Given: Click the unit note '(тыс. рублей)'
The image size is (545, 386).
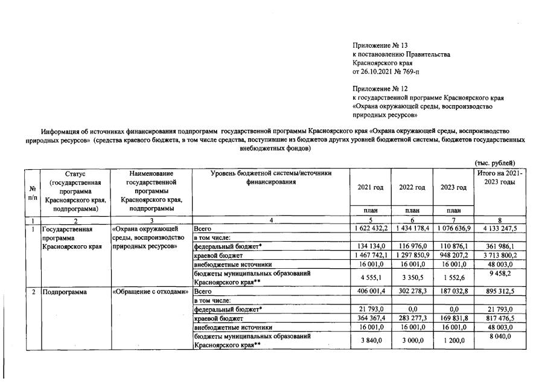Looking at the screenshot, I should [x=495, y=162].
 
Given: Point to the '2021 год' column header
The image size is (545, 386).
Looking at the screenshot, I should [x=370, y=187].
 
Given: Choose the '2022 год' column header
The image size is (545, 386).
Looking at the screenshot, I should [x=412, y=187].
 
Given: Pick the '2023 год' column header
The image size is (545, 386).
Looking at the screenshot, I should [x=454, y=187].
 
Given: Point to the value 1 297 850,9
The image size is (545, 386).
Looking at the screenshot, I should [x=412, y=256].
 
